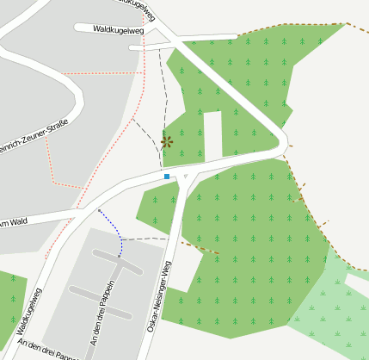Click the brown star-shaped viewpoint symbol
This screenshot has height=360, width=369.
click(x=167, y=142)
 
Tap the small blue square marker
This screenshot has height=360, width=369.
click(x=167, y=177)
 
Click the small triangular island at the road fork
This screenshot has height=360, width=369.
click(x=185, y=176)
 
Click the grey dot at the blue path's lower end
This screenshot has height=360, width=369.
click(x=120, y=256)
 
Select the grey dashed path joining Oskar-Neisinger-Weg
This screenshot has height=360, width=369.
click(x=151, y=238)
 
